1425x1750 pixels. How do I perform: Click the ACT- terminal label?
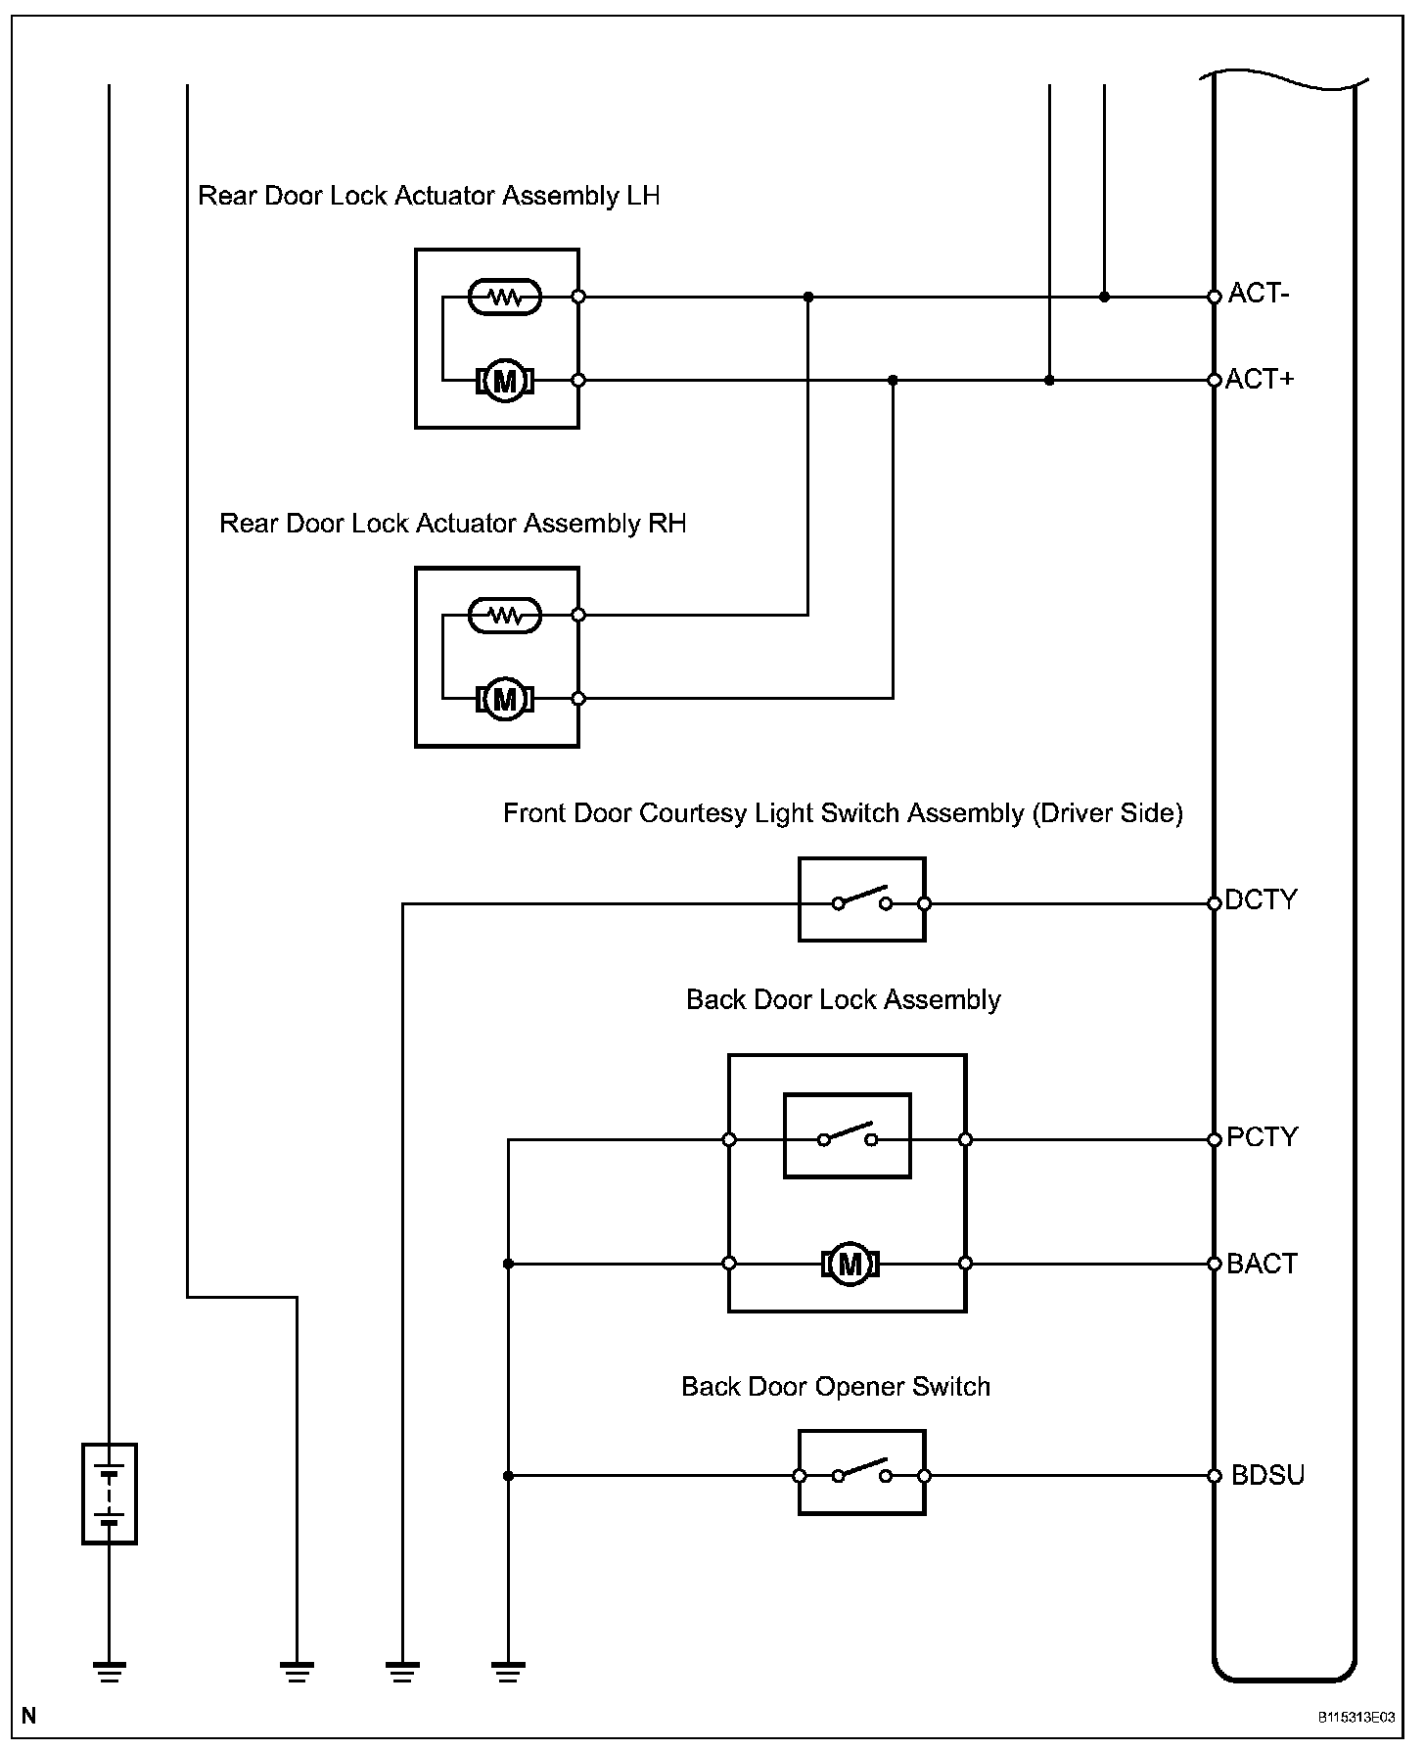click(x=1259, y=294)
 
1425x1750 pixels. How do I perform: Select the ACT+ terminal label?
click(x=1261, y=379)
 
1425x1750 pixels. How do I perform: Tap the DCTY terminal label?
click(x=1262, y=899)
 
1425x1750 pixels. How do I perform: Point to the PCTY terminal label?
click(x=1263, y=1137)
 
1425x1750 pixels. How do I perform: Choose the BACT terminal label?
click(x=1263, y=1264)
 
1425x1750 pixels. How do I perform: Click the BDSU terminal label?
click(x=1268, y=1475)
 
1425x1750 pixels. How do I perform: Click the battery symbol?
click(x=109, y=1494)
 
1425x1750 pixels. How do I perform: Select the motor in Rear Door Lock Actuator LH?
click(x=505, y=380)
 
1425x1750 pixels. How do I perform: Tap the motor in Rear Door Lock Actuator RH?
click(x=505, y=699)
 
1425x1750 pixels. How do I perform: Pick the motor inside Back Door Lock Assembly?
click(x=850, y=1264)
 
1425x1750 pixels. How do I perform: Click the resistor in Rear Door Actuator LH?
click(x=505, y=296)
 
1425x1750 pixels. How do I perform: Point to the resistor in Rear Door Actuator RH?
click(x=505, y=615)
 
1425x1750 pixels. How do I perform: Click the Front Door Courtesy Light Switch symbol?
click(x=862, y=899)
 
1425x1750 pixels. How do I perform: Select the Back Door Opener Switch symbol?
click(x=862, y=1472)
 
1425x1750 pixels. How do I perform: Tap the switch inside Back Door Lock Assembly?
click(x=848, y=1135)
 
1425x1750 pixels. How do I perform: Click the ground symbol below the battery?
click(x=109, y=1672)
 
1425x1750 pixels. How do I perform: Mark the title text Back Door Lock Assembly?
click(x=844, y=1000)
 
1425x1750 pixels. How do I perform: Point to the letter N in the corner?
click(x=30, y=1716)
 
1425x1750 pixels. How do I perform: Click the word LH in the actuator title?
click(x=644, y=196)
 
